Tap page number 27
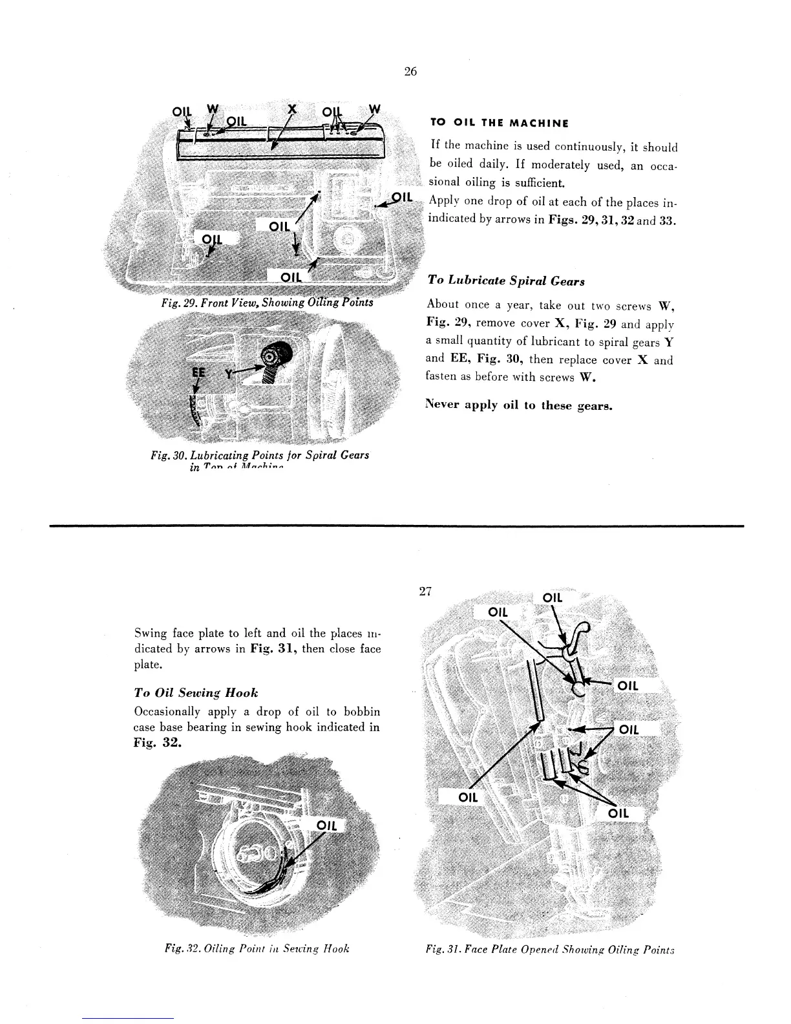425,591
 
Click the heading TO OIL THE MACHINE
499,123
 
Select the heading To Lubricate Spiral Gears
506,281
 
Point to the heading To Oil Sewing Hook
196,692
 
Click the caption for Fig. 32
257,948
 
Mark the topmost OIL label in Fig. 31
553,597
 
